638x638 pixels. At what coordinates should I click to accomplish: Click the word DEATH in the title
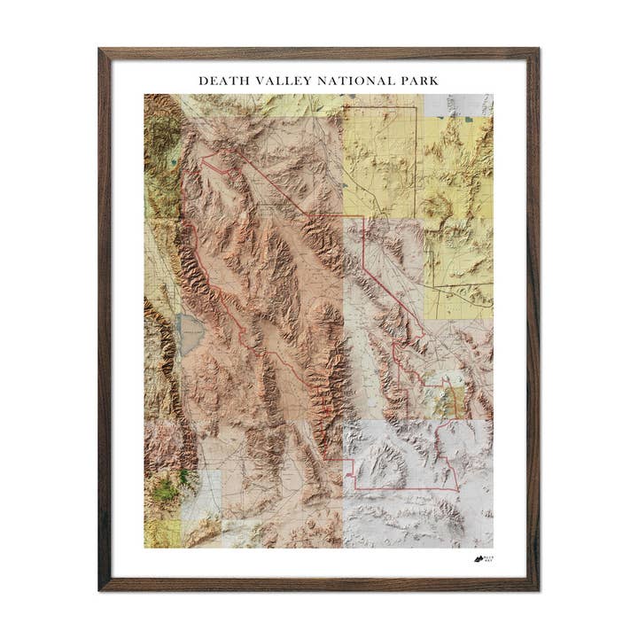218,81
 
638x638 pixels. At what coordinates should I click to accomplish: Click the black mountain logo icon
478,559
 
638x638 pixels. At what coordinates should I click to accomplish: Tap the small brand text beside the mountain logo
490,559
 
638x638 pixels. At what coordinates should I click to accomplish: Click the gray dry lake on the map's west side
191,333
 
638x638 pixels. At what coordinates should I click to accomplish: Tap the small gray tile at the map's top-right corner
458,105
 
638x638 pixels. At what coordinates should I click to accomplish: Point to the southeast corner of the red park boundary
458,489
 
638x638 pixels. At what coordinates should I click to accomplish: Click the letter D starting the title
203,81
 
